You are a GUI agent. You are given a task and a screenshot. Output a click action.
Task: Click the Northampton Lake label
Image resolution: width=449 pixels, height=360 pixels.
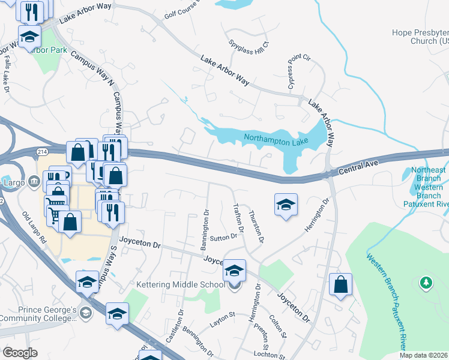[276, 140]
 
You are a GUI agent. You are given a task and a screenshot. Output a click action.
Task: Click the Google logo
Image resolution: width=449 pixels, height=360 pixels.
[20, 352]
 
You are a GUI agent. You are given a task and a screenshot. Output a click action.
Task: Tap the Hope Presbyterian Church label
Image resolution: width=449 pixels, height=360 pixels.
[420, 37]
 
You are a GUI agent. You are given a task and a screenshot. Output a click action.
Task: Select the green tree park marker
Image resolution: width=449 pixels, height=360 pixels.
[426, 282]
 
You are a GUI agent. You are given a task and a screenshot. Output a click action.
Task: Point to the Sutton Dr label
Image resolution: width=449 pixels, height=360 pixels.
[224, 238]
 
